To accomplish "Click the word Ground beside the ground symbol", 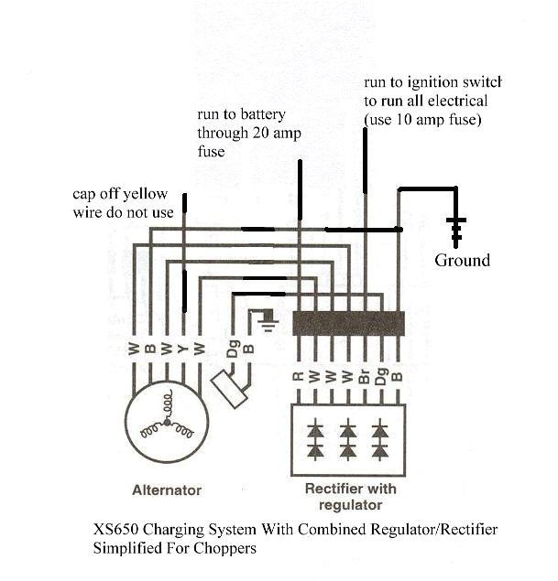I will (462, 261).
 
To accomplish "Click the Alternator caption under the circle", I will (166, 490).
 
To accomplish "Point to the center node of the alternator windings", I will (167, 422).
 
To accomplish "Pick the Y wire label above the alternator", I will (182, 348).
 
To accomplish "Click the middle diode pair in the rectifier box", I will (347, 439).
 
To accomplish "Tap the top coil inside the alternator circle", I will (167, 403).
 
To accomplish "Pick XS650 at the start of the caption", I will (115, 532).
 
